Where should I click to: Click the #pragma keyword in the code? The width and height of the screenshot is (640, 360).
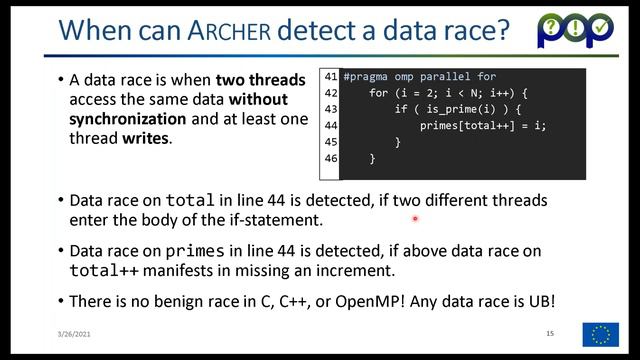point(366,77)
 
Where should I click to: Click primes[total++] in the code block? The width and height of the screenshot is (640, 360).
point(473,126)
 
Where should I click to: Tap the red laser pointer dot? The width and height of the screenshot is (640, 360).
point(414,218)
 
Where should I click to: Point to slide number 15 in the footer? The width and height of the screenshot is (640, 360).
point(550,332)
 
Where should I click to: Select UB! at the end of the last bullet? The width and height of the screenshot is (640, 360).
point(540,300)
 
